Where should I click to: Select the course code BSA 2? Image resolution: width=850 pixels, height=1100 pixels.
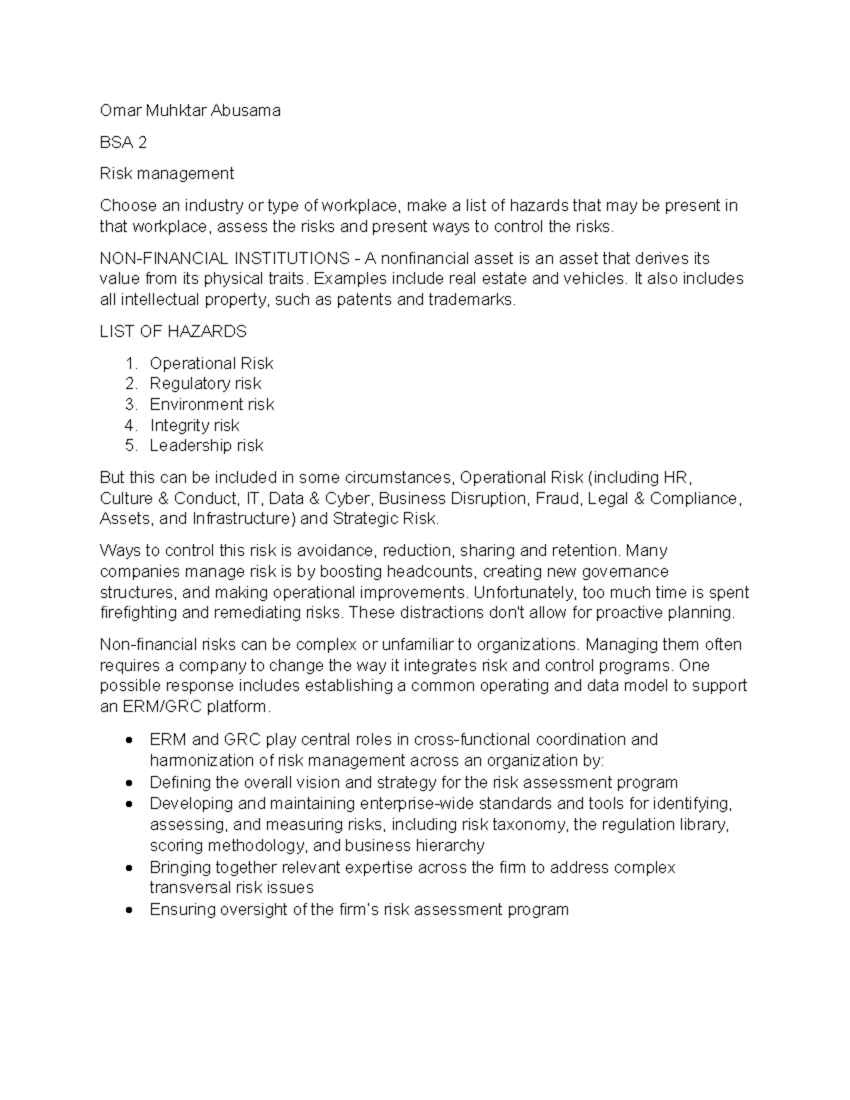click(123, 142)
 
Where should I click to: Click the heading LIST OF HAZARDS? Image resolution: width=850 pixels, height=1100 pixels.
click(173, 331)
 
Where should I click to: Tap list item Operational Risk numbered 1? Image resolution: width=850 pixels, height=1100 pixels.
click(211, 363)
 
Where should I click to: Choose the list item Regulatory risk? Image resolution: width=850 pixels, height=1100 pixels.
click(205, 384)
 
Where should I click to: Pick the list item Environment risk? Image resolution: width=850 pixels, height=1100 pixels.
click(212, 404)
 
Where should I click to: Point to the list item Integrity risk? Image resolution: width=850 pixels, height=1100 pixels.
click(195, 425)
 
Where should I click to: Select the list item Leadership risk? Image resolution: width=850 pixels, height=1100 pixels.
click(206, 446)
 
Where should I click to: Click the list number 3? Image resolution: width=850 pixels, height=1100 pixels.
click(130, 404)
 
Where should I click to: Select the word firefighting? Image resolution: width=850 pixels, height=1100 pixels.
click(138, 613)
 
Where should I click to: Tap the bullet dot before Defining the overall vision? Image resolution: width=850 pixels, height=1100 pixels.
click(128, 783)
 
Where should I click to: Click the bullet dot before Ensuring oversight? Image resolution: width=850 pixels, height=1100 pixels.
click(128, 910)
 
